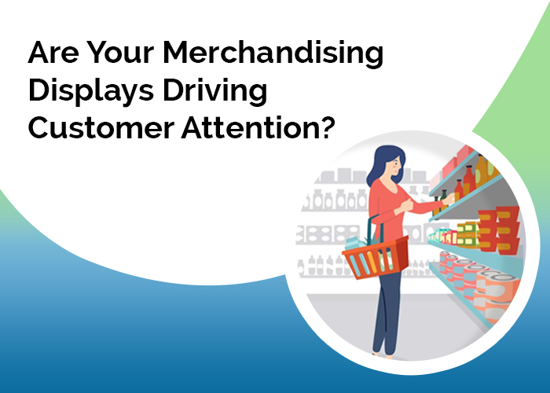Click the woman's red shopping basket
[x=376, y=256]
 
